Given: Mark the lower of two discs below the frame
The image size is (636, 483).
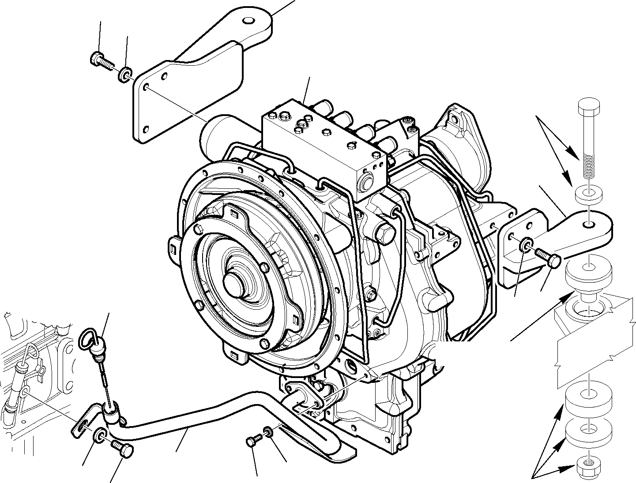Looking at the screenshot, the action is coord(589,431).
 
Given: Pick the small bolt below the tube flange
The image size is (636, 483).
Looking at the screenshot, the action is coord(252,441).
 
